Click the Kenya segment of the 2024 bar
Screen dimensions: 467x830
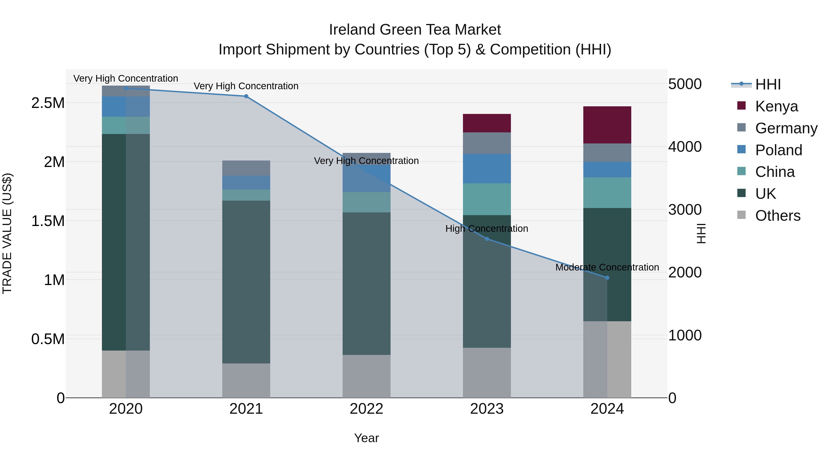607,125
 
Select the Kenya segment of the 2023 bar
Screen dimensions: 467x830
486,123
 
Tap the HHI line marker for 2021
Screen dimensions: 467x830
246,96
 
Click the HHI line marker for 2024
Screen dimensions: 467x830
607,278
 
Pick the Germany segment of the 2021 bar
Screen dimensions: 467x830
246,168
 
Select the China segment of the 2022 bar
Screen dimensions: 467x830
366,202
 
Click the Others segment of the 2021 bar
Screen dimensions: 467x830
246,380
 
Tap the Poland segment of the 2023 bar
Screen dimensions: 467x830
486,169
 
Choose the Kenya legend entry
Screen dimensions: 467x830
776,106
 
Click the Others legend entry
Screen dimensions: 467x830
777,215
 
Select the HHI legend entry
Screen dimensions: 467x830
768,84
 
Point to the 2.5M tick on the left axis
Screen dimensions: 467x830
48,103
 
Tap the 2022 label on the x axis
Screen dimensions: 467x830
366,409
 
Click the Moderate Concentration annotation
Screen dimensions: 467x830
607,267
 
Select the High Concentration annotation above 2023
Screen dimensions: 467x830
486,229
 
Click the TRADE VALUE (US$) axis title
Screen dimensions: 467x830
7,233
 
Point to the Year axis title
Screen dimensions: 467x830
366,438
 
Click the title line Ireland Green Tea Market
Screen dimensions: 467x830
415,30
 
